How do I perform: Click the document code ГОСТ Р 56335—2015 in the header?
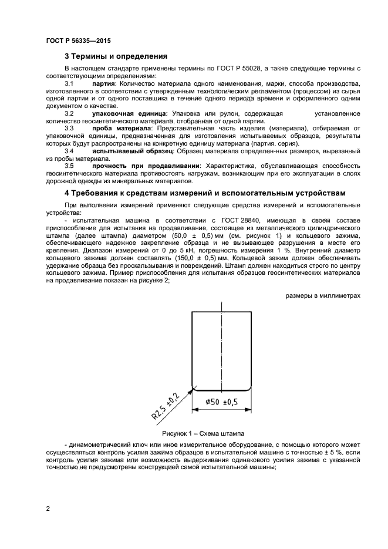click(x=78, y=41)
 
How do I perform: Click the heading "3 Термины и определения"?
click(x=116, y=57)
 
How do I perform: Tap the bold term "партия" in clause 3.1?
click(x=104, y=85)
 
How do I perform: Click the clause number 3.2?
click(x=69, y=112)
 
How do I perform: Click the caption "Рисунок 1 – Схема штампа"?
click(x=203, y=433)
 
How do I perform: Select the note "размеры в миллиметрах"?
click(x=323, y=296)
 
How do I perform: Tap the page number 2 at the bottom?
click(x=48, y=508)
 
